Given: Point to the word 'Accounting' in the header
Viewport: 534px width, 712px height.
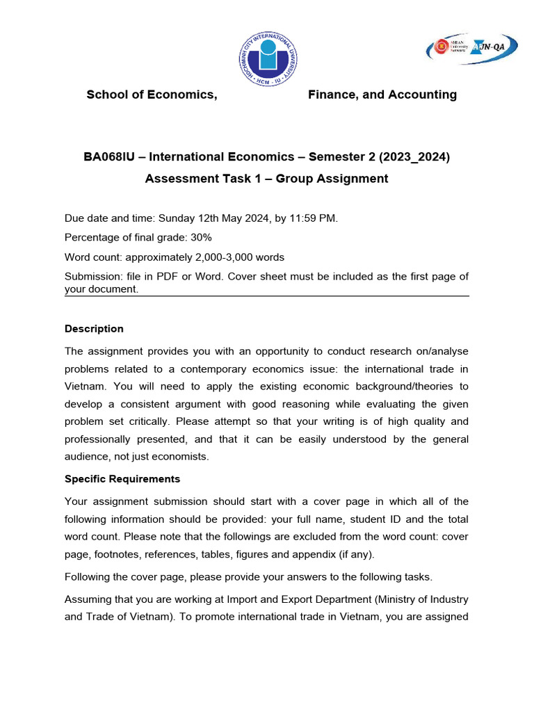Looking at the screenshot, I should [x=425, y=95].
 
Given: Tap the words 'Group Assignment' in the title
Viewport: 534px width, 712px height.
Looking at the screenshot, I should [x=332, y=179].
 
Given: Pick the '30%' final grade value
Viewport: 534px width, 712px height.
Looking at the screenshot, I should [x=197, y=238].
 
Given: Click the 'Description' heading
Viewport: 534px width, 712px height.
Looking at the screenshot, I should [x=94, y=329].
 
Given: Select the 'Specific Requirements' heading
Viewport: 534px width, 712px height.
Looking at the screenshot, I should [x=122, y=479].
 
